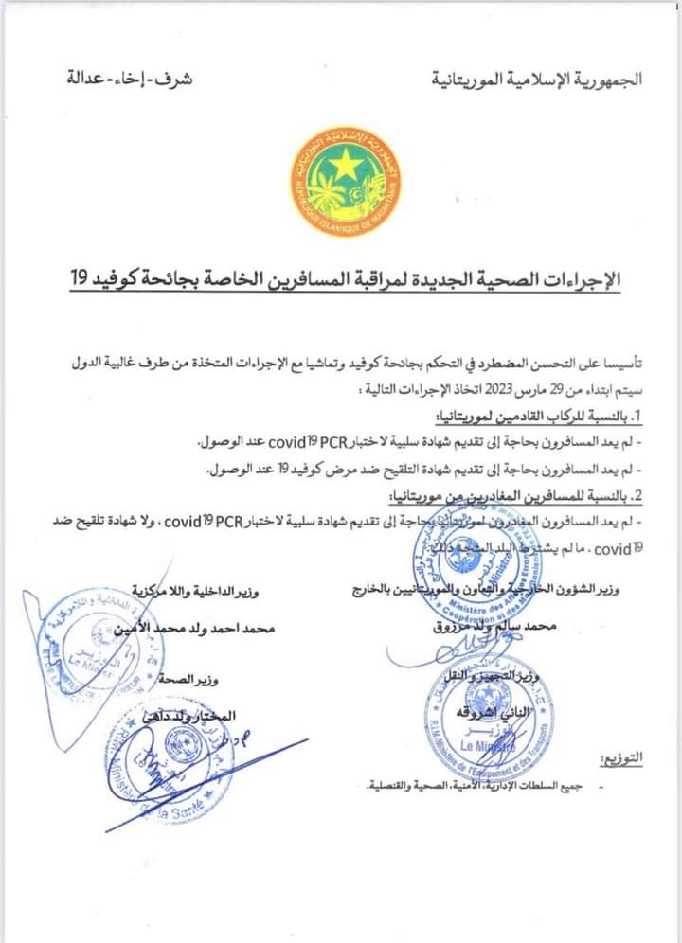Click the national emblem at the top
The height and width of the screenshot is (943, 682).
[344, 185]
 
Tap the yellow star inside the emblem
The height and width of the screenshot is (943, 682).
[345, 162]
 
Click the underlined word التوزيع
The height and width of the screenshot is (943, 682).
[621, 757]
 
